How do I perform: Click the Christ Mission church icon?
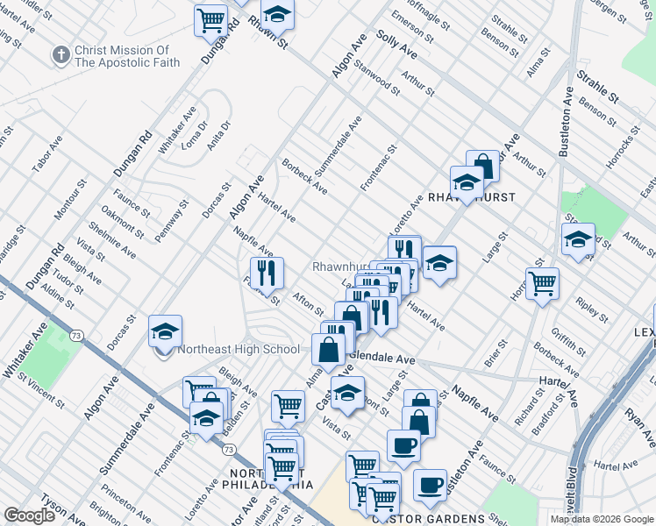61,55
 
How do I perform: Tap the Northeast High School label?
239,349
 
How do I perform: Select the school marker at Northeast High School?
165,332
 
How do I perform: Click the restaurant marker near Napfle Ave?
267,274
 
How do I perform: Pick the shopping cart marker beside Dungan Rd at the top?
210,20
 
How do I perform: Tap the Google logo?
30,515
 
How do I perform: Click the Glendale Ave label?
382,359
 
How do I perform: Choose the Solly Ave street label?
396,44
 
